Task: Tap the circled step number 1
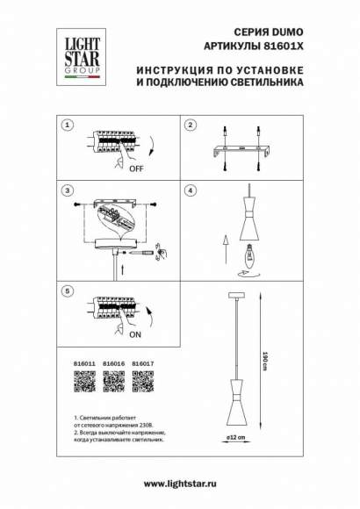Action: pyautogui.click(x=66, y=125)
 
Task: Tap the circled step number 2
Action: pyautogui.click(x=189, y=125)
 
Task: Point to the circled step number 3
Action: pyautogui.click(x=66, y=190)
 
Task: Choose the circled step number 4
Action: pyautogui.click(x=189, y=190)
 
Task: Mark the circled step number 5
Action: pyautogui.click(x=66, y=290)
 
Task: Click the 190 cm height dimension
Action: pyautogui.click(x=265, y=360)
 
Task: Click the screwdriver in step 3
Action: pyautogui.click(x=144, y=252)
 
